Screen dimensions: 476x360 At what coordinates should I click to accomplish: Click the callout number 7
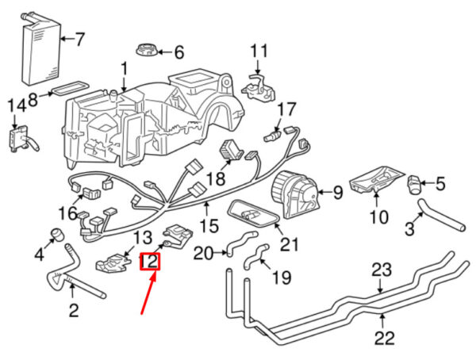click(x=79, y=39)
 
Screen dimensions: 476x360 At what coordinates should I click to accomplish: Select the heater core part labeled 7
click(x=42, y=49)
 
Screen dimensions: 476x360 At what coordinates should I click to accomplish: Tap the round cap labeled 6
click(x=147, y=50)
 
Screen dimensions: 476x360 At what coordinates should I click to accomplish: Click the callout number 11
click(x=259, y=51)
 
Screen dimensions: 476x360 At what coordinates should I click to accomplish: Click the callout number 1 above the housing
click(x=124, y=70)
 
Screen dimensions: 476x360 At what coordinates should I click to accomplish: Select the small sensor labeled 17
click(x=273, y=136)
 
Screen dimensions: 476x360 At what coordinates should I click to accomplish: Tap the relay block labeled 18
click(x=232, y=149)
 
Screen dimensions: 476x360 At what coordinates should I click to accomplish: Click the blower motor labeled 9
click(x=295, y=194)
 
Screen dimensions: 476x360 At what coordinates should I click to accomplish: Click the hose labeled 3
click(x=442, y=216)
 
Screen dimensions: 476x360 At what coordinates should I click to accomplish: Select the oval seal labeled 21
click(x=255, y=214)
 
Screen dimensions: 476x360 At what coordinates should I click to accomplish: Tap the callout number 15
click(x=209, y=225)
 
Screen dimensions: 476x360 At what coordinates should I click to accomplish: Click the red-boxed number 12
click(x=149, y=262)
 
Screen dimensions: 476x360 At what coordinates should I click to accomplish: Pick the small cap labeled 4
click(x=57, y=235)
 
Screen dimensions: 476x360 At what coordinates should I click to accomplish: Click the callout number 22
click(x=384, y=338)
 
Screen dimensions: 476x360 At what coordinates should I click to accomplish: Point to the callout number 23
click(x=382, y=270)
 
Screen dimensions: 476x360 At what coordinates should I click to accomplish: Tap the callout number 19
click(x=282, y=278)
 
